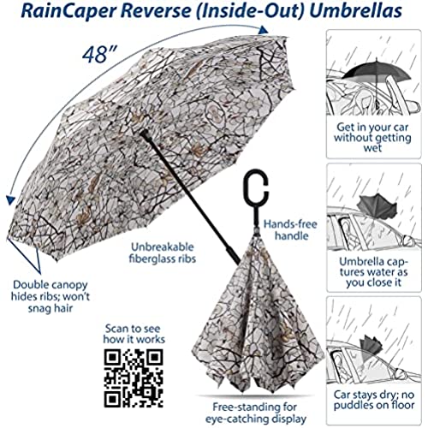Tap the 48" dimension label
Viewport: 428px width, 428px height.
coord(97,54)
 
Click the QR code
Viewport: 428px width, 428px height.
coord(134,378)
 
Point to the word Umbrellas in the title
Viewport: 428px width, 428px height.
coord(355,11)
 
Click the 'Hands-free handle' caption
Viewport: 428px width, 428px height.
coord(290,230)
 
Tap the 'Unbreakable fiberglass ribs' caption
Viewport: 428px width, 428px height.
coord(163,253)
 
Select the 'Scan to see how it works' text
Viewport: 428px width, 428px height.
coord(134,334)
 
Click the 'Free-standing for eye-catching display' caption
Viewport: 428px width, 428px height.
coord(255,413)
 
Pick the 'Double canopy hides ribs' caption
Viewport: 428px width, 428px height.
coord(51,297)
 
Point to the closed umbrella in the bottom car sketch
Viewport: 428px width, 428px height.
coord(372,346)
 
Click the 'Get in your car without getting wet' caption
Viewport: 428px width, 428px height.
coord(373,137)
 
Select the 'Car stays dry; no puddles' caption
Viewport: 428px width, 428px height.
coord(374,400)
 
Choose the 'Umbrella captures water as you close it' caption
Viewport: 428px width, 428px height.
coord(374,272)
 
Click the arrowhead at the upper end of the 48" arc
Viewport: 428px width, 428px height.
coord(263,30)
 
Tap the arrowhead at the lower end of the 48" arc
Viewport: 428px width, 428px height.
coord(10,199)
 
